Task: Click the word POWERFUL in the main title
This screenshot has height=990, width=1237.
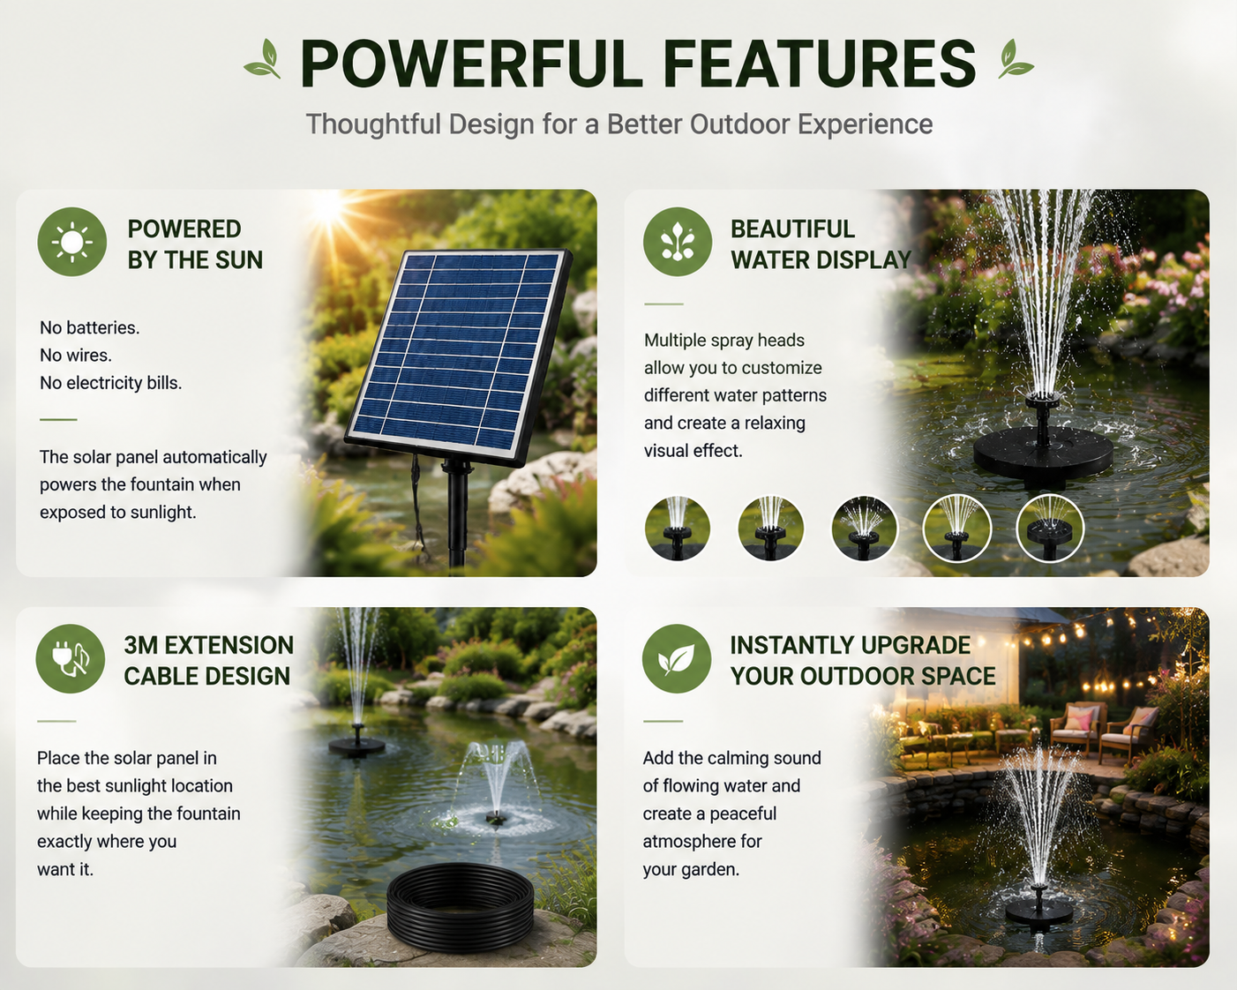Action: click(471, 64)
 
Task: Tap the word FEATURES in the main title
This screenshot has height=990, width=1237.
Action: click(820, 64)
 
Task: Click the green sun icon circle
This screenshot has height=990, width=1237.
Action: click(71, 242)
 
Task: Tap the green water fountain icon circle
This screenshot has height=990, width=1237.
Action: click(677, 242)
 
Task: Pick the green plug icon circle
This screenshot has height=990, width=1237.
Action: click(70, 659)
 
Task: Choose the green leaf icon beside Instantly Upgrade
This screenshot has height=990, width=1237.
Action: click(677, 659)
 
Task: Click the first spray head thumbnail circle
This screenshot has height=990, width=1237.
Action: click(677, 529)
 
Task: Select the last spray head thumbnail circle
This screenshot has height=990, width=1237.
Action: click(1050, 529)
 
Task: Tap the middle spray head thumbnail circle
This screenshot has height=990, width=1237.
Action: click(864, 529)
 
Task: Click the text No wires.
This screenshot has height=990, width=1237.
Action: click(76, 356)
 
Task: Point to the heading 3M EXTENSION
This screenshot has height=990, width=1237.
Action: click(208, 645)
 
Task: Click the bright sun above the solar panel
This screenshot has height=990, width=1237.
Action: click(329, 210)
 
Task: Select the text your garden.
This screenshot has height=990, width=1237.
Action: click(691, 869)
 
